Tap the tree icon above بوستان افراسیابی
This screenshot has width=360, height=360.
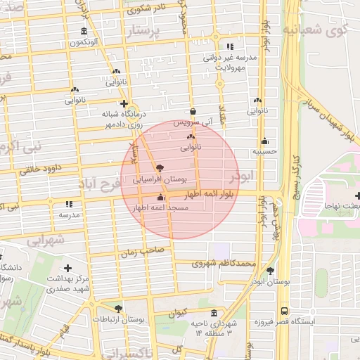click(160, 169)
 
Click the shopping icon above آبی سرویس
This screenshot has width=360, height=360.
click(193, 111)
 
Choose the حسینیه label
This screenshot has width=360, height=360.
click(265, 150)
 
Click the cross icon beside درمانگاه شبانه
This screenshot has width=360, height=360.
click(124, 103)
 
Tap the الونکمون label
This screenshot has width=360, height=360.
click(84, 43)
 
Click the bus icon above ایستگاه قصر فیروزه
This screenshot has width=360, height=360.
click(284, 310)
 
